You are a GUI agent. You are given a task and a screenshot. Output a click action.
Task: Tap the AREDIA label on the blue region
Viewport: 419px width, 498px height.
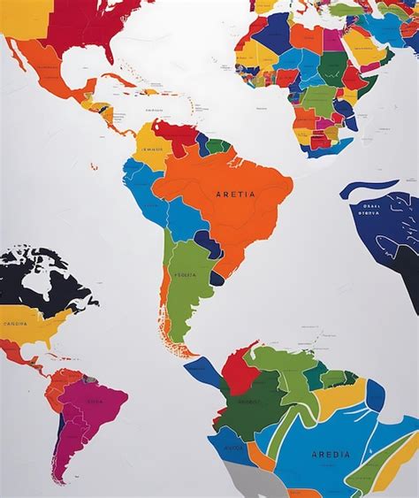(x=331, y=455)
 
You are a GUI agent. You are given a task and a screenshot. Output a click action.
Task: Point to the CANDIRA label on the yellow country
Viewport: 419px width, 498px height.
(x=16, y=324)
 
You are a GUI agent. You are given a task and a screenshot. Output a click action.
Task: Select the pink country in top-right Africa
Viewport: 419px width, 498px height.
(x=332, y=39)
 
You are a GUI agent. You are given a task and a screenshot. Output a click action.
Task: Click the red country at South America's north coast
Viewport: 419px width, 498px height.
(x=177, y=137)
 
